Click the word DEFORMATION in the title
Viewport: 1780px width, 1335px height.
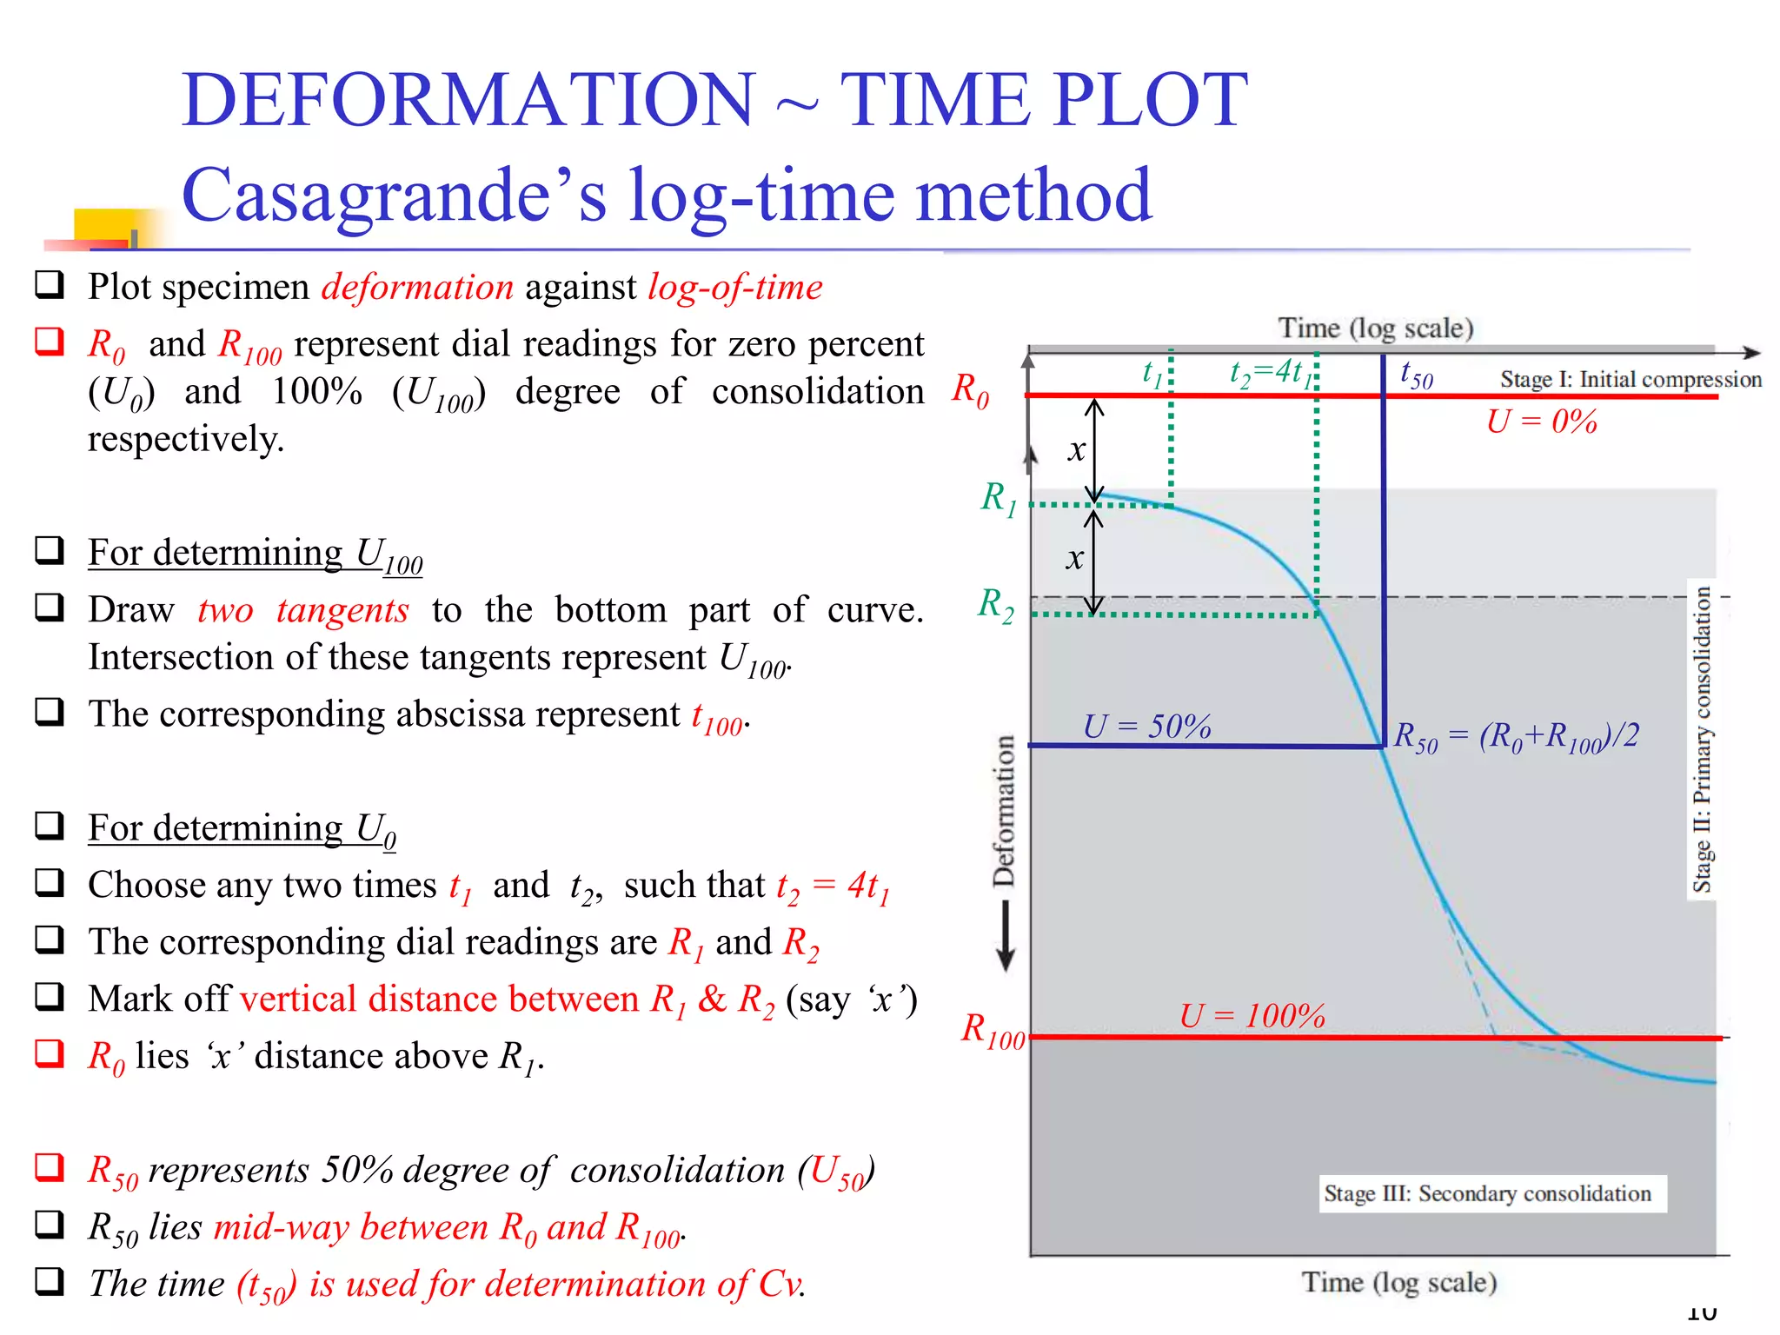pyautogui.click(x=468, y=100)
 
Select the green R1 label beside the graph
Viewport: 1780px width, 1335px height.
pyautogui.click(x=998, y=498)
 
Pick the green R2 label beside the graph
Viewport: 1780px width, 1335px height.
pyautogui.click(x=995, y=604)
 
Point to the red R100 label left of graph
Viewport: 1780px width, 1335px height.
pyautogui.click(x=993, y=1031)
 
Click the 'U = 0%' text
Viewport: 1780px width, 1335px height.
pyautogui.click(x=1541, y=422)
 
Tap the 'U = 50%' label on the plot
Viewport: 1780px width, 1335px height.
pyautogui.click(x=1146, y=727)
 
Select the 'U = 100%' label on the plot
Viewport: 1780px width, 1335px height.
pyautogui.click(x=1252, y=1015)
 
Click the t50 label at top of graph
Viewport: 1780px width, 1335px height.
pyautogui.click(x=1416, y=375)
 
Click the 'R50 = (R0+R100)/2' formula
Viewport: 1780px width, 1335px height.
pyautogui.click(x=1516, y=737)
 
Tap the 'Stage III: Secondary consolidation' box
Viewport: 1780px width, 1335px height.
pyautogui.click(x=1487, y=1193)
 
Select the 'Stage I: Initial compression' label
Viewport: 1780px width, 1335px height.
pyautogui.click(x=1630, y=379)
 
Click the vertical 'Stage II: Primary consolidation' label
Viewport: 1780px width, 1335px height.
pyautogui.click(x=1702, y=739)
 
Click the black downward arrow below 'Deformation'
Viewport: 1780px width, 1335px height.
pyautogui.click(x=1006, y=937)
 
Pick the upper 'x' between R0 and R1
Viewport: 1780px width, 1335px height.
pyautogui.click(x=1077, y=449)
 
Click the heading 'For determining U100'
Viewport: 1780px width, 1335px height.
pyautogui.click(x=255, y=555)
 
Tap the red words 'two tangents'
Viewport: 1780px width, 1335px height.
pyautogui.click(x=302, y=610)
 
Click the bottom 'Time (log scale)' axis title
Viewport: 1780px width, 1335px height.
pyautogui.click(x=1398, y=1282)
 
